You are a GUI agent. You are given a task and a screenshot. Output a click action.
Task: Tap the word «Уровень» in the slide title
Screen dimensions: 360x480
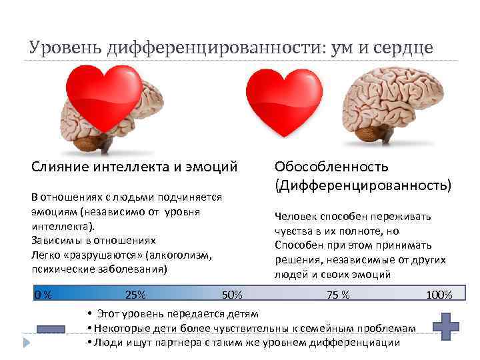(x=62, y=48)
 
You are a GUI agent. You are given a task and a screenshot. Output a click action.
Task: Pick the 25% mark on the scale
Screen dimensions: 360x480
(x=135, y=294)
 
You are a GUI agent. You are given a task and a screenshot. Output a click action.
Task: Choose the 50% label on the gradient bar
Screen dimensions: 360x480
(x=231, y=294)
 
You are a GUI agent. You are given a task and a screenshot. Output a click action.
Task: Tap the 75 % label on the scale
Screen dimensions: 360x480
(x=338, y=295)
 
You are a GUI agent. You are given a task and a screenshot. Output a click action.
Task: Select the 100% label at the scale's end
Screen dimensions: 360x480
(x=439, y=295)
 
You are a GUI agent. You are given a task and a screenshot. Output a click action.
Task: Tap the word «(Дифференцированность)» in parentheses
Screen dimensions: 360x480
(x=362, y=183)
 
